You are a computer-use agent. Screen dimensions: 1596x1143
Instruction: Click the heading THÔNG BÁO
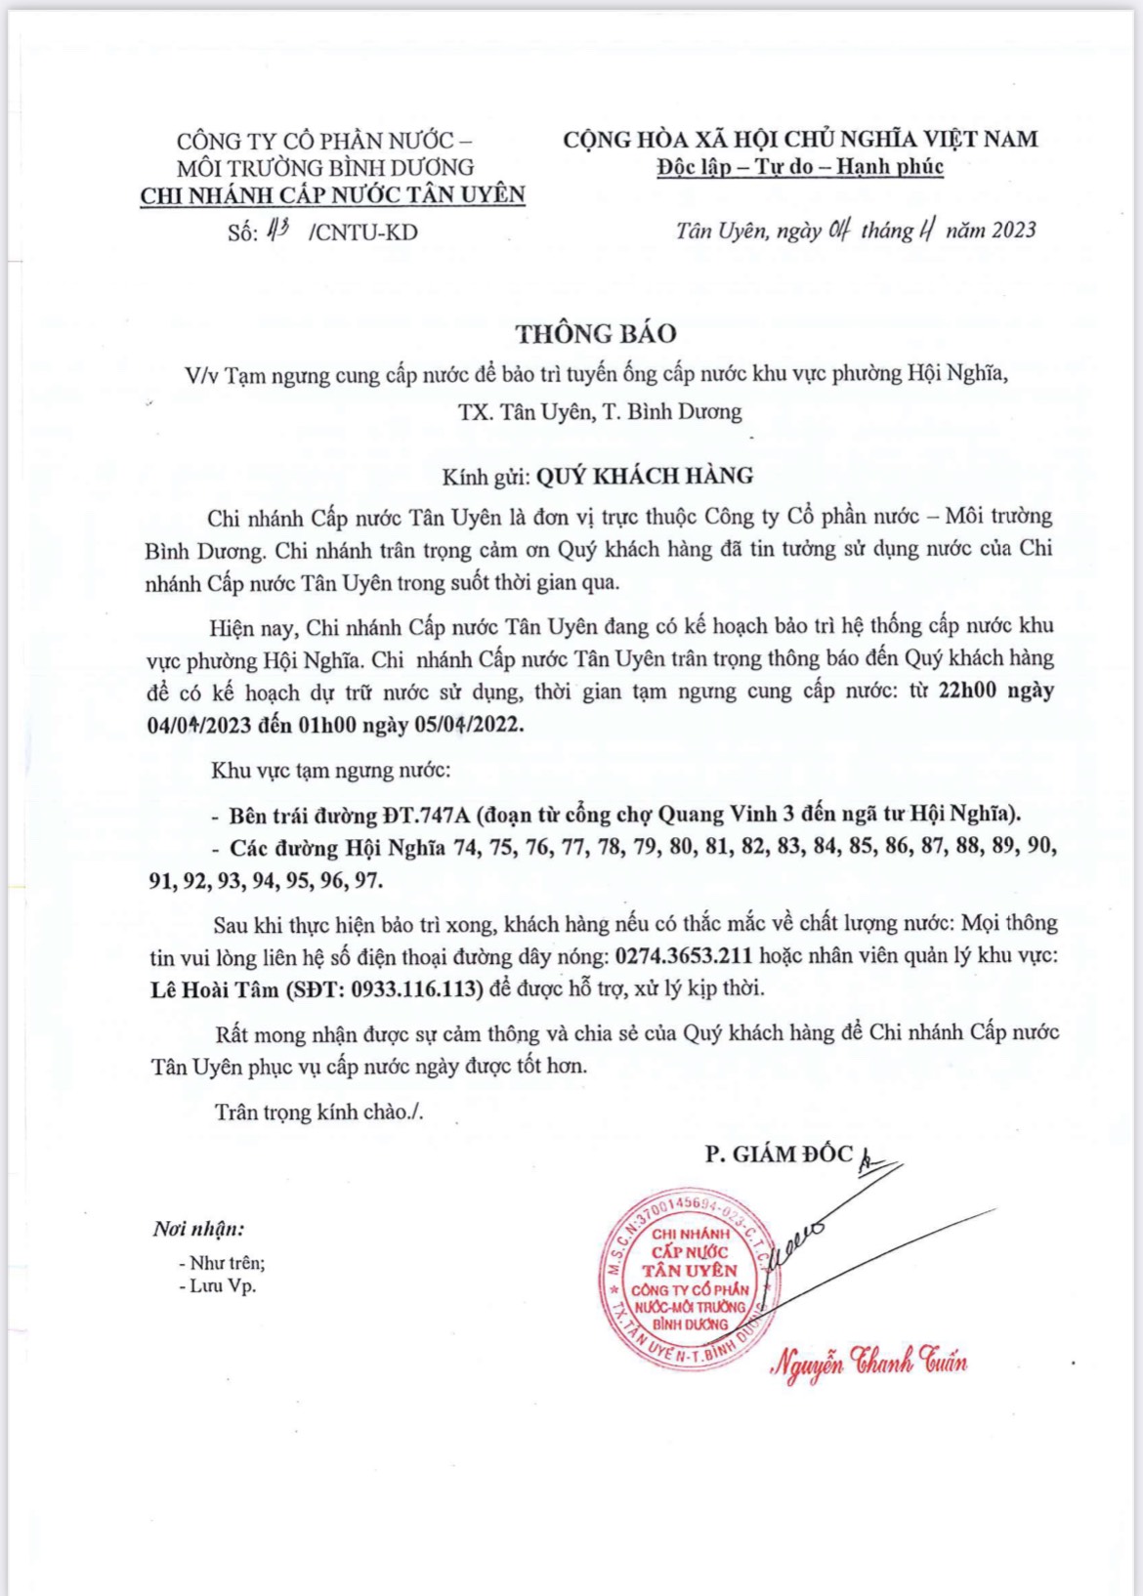coord(596,334)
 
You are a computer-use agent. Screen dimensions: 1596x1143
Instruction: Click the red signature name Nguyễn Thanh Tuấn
coord(868,1363)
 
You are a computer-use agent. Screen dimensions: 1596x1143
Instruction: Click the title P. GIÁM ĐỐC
coord(779,1154)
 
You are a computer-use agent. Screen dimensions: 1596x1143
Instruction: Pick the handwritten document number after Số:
coord(278,231)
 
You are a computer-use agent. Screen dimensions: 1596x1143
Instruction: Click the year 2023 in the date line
coord(1013,231)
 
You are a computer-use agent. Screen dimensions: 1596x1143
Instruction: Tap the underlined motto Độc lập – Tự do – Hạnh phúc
coord(800,166)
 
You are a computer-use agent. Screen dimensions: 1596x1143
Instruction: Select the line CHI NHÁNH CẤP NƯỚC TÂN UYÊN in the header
coord(332,195)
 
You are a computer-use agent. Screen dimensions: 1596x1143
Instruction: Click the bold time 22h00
coord(967,691)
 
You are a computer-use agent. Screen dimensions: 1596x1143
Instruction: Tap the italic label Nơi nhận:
coord(198,1229)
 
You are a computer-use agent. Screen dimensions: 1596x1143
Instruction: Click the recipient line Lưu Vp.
coord(223,1285)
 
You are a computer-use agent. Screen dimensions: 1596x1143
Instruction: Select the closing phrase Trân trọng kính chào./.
coord(319,1112)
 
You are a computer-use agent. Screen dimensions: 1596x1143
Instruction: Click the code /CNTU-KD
coord(362,232)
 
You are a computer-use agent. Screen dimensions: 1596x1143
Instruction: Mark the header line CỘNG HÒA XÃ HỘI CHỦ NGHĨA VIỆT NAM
coord(800,139)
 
